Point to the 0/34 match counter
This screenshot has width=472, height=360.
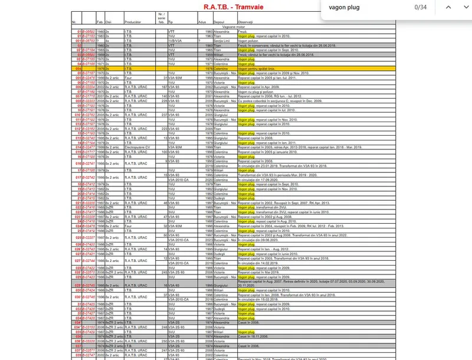point(421,7)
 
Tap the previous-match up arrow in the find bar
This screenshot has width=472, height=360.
point(448,7)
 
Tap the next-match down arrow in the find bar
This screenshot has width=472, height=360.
point(465,7)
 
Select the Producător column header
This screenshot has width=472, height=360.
point(133,21)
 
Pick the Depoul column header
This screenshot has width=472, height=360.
point(219,21)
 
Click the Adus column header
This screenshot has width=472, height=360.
point(203,21)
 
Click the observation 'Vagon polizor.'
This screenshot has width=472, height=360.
point(248,40)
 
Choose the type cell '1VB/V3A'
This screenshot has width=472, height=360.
point(176,40)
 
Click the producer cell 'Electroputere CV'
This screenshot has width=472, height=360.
point(139,147)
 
